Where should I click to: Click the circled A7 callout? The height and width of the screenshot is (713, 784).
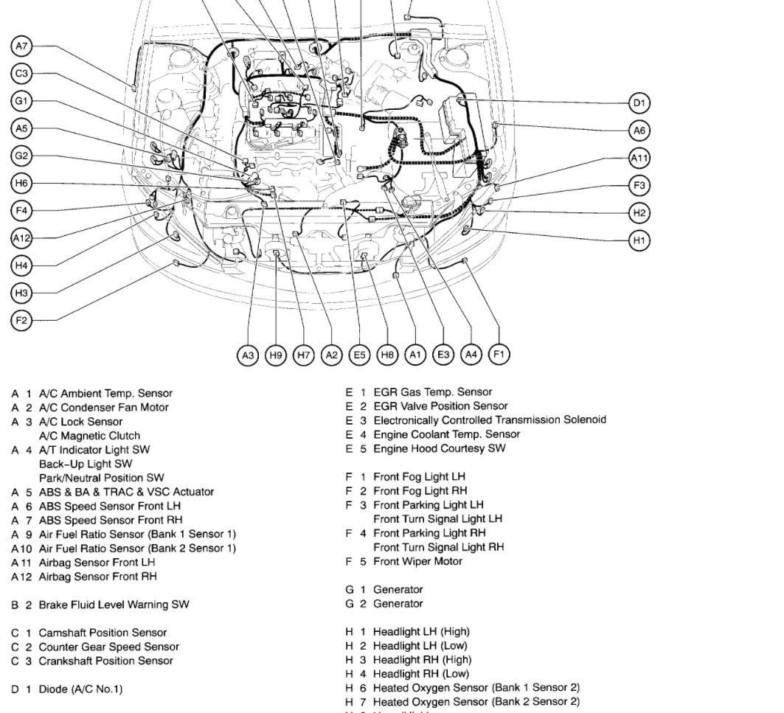pyautogui.click(x=22, y=46)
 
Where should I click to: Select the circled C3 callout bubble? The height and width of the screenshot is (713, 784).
pyautogui.click(x=22, y=74)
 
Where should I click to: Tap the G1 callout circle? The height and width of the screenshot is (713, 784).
pyautogui.click(x=22, y=101)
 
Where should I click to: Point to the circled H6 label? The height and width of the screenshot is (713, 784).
pyautogui.click(x=22, y=183)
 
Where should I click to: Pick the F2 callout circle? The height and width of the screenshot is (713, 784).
pyautogui.click(x=22, y=320)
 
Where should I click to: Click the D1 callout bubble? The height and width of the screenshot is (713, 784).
pyautogui.click(x=639, y=103)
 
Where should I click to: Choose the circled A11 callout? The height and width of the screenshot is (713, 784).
pyautogui.click(x=639, y=158)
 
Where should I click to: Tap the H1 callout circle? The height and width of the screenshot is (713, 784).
pyautogui.click(x=639, y=240)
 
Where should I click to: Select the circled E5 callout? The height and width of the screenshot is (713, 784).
pyautogui.click(x=359, y=355)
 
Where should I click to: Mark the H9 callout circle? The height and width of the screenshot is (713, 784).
pyautogui.click(x=276, y=355)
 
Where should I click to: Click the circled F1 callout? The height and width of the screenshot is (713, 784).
pyautogui.click(x=499, y=355)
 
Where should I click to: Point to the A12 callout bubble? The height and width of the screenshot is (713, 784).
pyautogui.click(x=22, y=237)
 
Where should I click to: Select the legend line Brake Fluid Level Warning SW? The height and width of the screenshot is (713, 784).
pyautogui.click(x=114, y=605)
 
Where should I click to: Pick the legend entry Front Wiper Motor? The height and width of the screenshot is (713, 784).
pyautogui.click(x=417, y=561)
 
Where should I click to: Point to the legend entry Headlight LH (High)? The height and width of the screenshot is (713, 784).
pyautogui.click(x=420, y=632)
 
